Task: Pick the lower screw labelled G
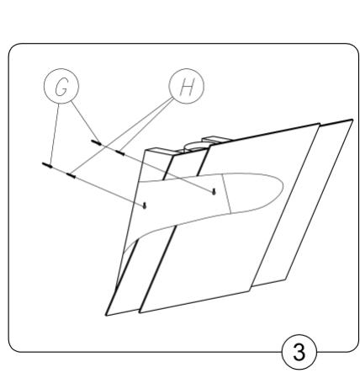point(47,165)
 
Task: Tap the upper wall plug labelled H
point(120,153)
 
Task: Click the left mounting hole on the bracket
point(146,204)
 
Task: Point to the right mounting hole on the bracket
point(216,191)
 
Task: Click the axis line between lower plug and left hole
point(109,189)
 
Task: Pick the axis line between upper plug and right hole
point(168,173)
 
